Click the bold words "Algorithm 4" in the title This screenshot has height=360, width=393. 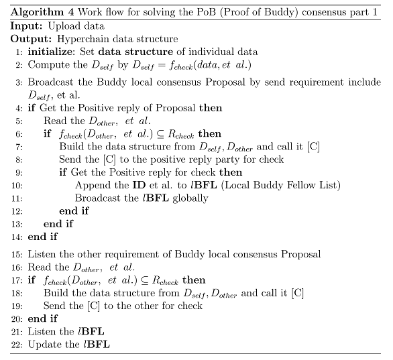pos(42,12)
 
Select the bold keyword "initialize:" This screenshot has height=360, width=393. pos(52,52)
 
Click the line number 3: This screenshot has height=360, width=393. pos(19,82)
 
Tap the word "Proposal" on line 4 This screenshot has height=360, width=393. pos(175,108)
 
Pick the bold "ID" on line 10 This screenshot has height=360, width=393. pos(139,185)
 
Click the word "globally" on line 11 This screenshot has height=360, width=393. pos(190,198)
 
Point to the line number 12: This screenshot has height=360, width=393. pos(17,211)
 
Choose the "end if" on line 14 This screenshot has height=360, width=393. pos(43,237)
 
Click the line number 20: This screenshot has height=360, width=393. pos(17,319)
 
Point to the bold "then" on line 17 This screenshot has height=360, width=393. pos(194,280)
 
